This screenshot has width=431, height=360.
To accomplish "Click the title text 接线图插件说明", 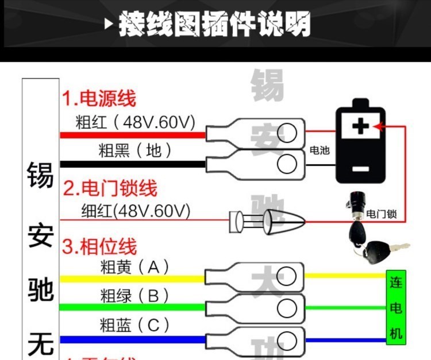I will coord(215,25).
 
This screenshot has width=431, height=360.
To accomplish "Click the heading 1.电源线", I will coord(99,98).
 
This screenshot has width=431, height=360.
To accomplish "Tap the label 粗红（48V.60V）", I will coord(136,122).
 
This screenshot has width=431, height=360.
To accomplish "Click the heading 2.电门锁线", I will coord(110,188).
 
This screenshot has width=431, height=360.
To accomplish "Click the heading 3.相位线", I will coord(99,247).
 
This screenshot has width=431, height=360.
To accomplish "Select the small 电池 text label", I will coord(320,150).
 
